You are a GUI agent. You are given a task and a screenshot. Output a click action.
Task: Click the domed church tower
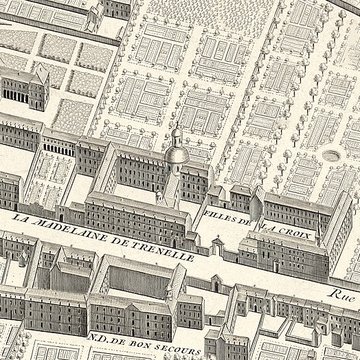tap(174, 150)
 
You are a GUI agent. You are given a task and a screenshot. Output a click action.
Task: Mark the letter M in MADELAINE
tap(43, 222)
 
